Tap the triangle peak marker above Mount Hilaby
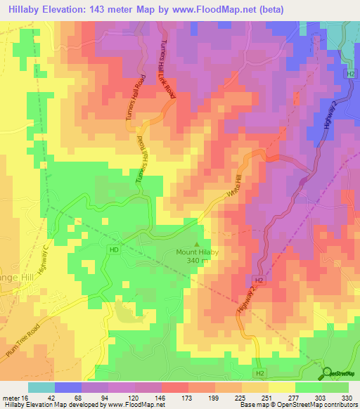coord(195,243)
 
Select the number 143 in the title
coord(101,8)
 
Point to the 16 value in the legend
coord(25,397)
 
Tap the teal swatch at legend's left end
coord(41,387)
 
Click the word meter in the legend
coord(11,397)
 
